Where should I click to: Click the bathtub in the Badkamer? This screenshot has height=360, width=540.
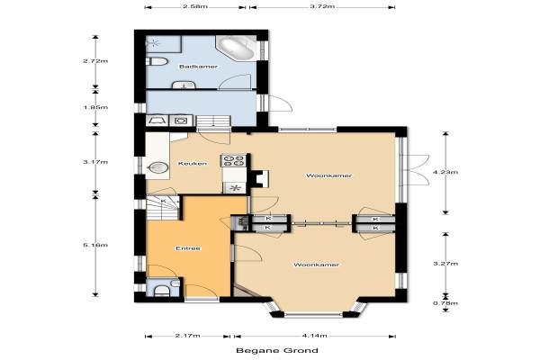(237, 48)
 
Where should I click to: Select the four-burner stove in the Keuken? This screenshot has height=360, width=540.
(233, 160)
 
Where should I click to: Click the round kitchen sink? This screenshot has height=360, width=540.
(158, 167)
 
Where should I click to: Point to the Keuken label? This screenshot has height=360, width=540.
(193, 164)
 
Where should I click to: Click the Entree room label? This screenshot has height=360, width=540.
(188, 248)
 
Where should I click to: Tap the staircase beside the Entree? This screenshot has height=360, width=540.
(163, 208)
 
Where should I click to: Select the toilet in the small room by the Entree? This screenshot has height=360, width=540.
(161, 291)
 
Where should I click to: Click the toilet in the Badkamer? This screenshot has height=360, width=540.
(157, 62)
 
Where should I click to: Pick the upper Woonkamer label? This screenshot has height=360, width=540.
(328, 175)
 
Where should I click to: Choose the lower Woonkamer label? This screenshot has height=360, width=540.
(316, 265)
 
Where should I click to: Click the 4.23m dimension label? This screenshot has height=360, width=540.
(445, 172)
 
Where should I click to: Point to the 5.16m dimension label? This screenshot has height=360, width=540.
(95, 245)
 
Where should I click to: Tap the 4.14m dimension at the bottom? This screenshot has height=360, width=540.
(314, 335)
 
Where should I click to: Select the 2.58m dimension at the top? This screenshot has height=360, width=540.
(195, 6)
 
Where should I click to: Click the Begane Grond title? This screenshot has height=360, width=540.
(277, 351)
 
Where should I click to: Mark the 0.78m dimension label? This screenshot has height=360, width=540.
(445, 303)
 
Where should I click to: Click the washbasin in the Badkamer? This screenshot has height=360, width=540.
(184, 85)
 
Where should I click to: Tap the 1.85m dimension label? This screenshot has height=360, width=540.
(95, 107)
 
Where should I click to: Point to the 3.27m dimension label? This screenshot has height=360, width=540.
(445, 264)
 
